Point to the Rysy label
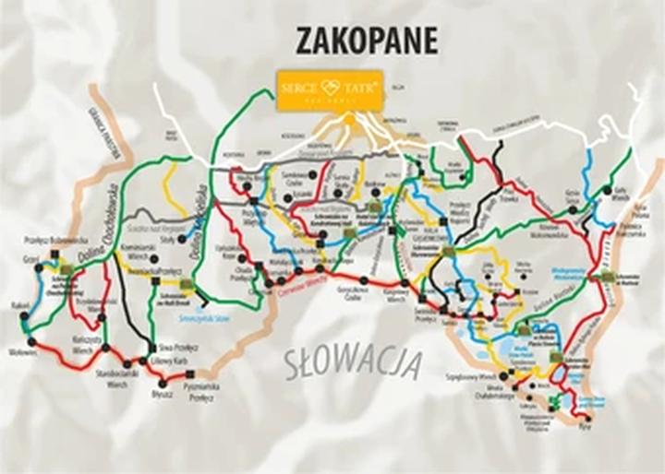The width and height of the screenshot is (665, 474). click(584, 429)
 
